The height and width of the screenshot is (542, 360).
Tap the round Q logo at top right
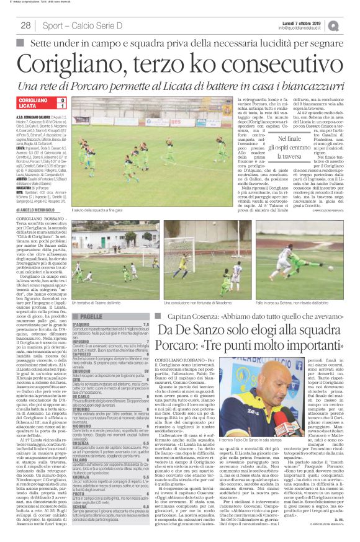pos(352,25)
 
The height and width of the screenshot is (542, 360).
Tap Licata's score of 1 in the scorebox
pos(61,107)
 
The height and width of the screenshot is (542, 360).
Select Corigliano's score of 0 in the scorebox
pos(61,100)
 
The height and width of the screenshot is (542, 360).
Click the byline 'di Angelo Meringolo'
pos(38,211)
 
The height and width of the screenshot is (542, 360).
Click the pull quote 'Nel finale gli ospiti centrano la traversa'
pos(280,148)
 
